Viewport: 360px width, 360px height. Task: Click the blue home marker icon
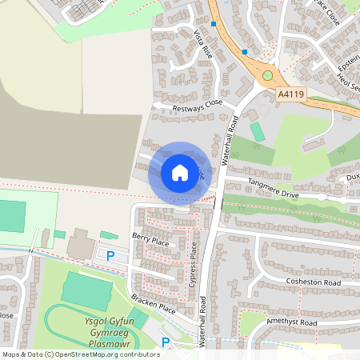coord(179,172)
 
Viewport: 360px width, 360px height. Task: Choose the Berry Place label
coord(151,238)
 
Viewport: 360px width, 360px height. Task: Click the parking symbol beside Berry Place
coord(110,255)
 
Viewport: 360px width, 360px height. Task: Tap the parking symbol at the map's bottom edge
coord(166,342)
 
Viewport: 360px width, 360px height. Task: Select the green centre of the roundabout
coord(267,76)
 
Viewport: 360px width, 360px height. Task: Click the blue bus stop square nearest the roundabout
coord(245,52)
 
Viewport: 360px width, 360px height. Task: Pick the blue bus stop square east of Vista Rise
coord(214,24)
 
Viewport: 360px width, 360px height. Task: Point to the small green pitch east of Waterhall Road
coord(257,131)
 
